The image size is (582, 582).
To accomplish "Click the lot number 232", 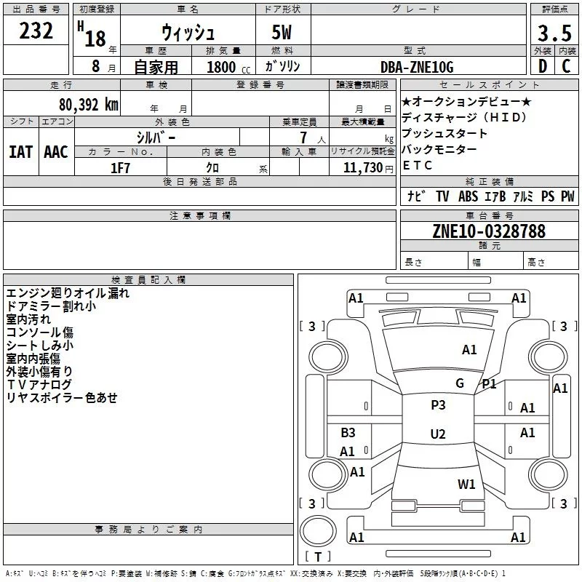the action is pyautogui.click(x=36, y=31).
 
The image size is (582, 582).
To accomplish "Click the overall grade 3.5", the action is pyautogui.click(x=554, y=33).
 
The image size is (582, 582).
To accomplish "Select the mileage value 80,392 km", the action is pyautogui.click(x=88, y=105).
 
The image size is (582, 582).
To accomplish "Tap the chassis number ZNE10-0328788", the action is pyautogui.click(x=489, y=231).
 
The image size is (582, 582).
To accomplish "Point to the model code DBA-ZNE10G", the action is pyautogui.click(x=417, y=67).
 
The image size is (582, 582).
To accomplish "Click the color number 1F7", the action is pyautogui.click(x=120, y=168).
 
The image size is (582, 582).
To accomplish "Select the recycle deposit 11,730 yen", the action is pyautogui.click(x=368, y=168).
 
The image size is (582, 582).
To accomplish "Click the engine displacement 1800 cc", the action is pyautogui.click(x=228, y=67).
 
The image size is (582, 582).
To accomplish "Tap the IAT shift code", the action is pyautogui.click(x=20, y=152).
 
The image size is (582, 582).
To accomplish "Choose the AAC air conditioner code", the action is pyautogui.click(x=56, y=152).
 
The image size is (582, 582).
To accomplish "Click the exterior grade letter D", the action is pyautogui.click(x=543, y=66).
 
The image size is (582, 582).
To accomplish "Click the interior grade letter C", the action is pyautogui.click(x=566, y=66).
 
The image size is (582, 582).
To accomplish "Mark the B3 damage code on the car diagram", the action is pyautogui.click(x=348, y=433).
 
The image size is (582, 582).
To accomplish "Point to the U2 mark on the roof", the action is pyautogui.click(x=438, y=434).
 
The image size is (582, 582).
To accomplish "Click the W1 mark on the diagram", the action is pyautogui.click(x=466, y=484).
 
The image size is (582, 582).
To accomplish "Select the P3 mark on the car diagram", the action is pyautogui.click(x=438, y=405).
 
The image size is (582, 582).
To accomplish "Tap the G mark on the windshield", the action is pyautogui.click(x=460, y=383).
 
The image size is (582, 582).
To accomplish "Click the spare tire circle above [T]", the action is pyautogui.click(x=318, y=531).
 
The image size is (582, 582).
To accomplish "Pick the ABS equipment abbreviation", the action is pyautogui.click(x=468, y=196).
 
